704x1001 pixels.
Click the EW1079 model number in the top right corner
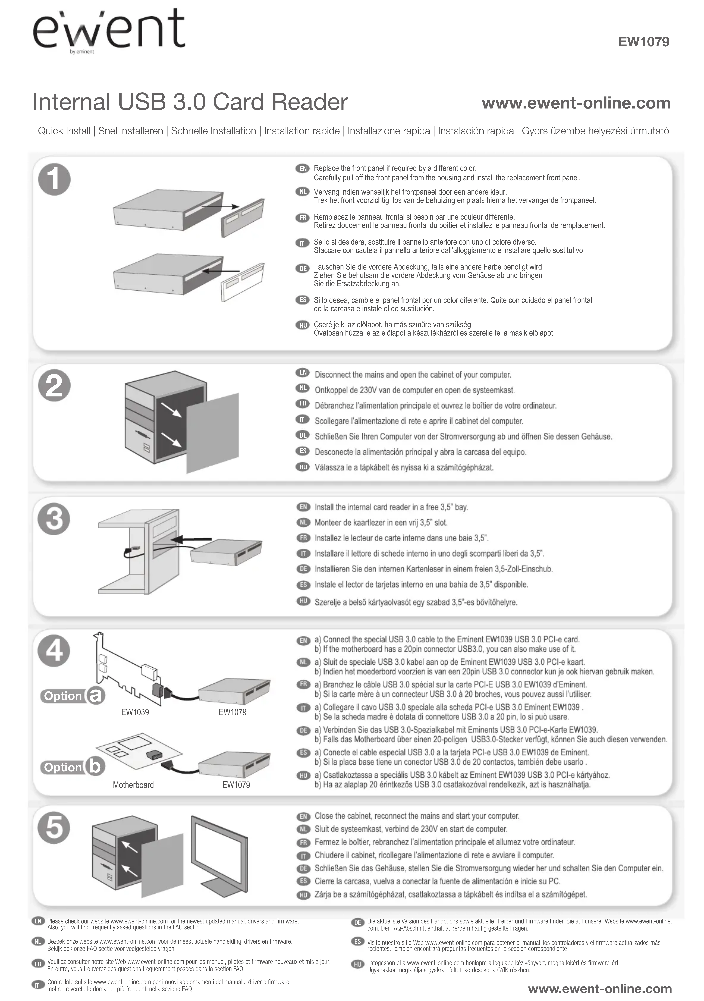[644, 42]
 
